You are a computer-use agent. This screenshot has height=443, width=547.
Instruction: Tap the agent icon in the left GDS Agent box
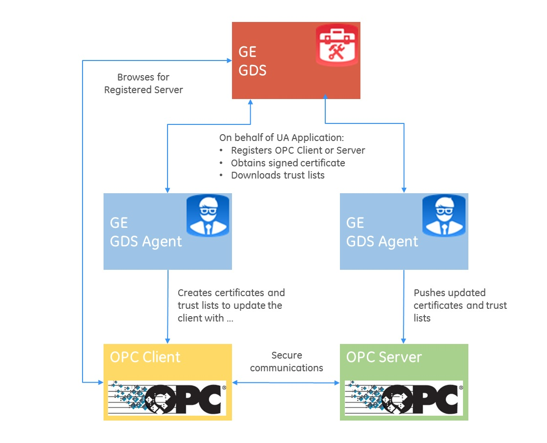209,215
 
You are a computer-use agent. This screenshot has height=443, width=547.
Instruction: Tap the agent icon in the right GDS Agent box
443,215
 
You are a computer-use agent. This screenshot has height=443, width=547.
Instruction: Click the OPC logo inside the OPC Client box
167,398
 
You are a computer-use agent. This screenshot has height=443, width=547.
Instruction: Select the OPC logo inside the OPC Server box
403,398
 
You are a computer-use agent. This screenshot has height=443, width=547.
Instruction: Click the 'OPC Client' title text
145,357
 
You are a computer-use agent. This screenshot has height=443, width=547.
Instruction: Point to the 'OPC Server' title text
383,357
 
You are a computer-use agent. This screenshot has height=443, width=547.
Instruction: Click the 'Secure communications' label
287,362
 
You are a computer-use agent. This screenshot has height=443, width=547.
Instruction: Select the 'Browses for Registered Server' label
144,83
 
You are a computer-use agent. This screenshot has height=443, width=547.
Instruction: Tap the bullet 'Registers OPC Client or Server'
298,150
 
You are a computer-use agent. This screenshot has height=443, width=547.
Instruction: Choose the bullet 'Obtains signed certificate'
288,163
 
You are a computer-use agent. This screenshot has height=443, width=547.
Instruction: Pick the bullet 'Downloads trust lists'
277,175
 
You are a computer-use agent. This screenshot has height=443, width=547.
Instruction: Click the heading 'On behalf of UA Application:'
282,138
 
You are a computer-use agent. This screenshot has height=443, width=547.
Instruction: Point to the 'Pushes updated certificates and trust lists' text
460,305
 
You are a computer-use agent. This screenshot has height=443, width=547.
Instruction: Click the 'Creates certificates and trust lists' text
231,305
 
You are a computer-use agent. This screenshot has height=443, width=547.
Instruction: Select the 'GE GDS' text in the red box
252,61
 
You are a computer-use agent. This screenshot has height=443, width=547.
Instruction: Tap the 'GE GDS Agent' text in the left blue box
146,232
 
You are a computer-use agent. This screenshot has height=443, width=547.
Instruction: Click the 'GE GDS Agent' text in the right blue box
382,232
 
